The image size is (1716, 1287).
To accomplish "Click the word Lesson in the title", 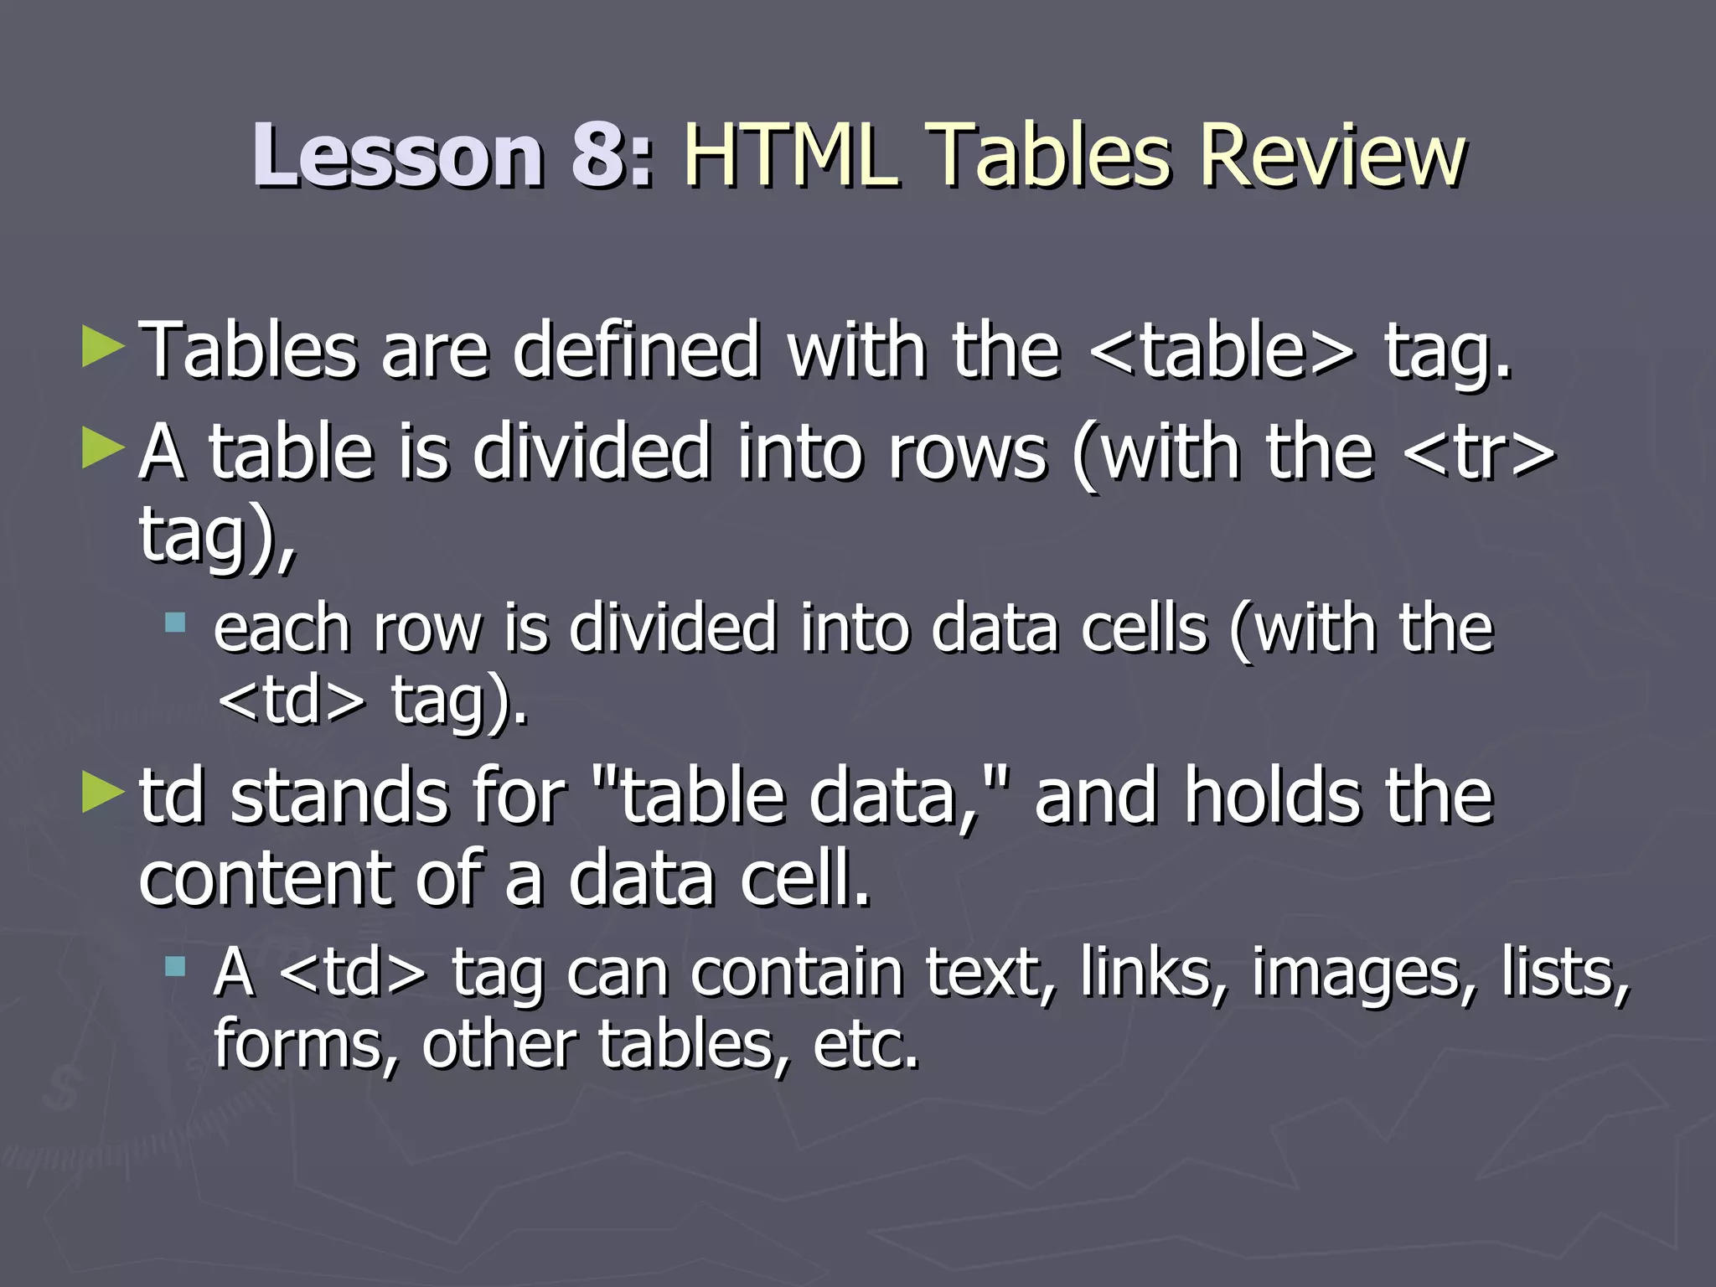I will (397, 156).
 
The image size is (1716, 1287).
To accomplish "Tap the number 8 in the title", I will (597, 156).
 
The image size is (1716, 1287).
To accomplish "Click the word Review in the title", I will (1332, 156).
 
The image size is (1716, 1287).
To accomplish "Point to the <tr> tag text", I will (1479, 453).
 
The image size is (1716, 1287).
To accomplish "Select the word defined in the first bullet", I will (637, 350).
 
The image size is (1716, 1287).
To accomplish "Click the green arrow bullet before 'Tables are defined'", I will (103, 348).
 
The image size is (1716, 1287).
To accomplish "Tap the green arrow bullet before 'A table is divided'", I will (103, 450).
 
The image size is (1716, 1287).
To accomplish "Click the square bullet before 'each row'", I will (175, 623).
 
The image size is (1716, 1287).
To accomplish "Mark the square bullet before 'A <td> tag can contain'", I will (175, 968).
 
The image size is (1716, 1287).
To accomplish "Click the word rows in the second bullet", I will (968, 453).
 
